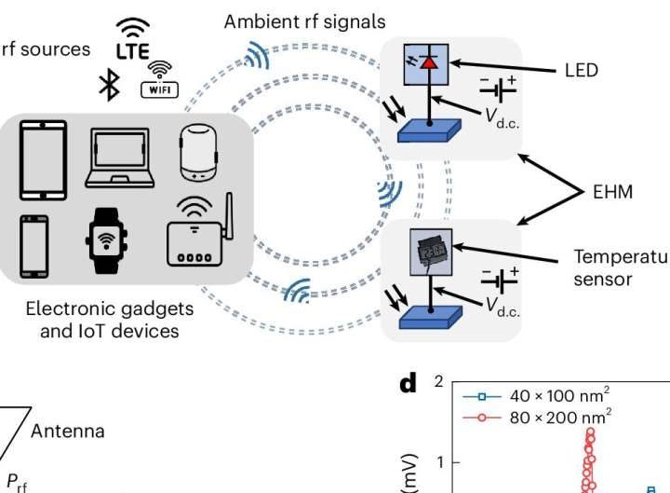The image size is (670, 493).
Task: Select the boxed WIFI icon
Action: (159, 81)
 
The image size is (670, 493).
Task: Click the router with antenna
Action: (199, 236)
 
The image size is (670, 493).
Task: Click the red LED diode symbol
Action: (430, 62)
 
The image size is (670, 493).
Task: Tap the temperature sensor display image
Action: (429, 251)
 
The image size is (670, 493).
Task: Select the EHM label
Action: (611, 193)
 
